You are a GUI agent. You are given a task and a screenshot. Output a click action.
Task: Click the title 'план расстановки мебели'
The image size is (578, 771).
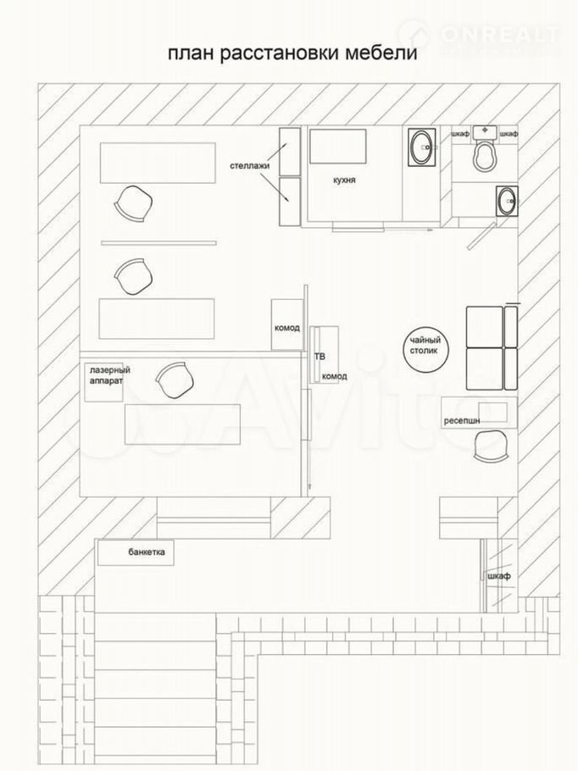pos(292,53)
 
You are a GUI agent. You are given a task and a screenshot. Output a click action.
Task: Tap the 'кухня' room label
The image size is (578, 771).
pos(344,180)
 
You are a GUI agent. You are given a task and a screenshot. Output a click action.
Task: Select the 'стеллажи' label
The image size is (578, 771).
pos(249,166)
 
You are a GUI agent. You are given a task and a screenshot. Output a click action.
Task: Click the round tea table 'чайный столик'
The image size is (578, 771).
pos(425,350)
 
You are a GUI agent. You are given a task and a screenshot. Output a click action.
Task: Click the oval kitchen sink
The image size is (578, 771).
pos(421,147)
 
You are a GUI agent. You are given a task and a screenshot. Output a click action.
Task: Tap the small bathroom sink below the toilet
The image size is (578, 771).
pos(507,201)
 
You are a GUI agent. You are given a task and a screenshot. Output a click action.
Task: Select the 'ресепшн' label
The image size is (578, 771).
pos(462,420)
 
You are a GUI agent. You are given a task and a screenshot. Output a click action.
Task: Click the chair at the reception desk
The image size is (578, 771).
pos(492,446)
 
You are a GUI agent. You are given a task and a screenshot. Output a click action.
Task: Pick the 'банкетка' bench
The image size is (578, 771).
pos(136,552)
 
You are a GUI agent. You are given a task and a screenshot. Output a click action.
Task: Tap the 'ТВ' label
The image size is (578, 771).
pos(320,357)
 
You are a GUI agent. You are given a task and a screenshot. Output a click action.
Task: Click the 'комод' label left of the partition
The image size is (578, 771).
pos(286,328)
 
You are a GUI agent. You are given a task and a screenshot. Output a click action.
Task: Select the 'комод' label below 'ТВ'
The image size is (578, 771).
pos(335,376)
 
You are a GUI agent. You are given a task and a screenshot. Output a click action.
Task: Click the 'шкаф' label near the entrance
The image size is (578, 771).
pos(499,576)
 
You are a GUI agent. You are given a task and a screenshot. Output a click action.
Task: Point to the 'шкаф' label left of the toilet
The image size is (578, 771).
pos(460,134)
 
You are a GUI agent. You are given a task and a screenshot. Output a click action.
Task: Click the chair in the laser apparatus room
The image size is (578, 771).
pos(175,380)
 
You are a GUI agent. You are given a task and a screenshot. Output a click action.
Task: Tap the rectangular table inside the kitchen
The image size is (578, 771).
pos(337,146)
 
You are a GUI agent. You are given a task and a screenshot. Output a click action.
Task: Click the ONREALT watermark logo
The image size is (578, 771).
pos(480,36)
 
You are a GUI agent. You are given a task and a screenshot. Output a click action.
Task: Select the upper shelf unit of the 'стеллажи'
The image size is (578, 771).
pos(290,152)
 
